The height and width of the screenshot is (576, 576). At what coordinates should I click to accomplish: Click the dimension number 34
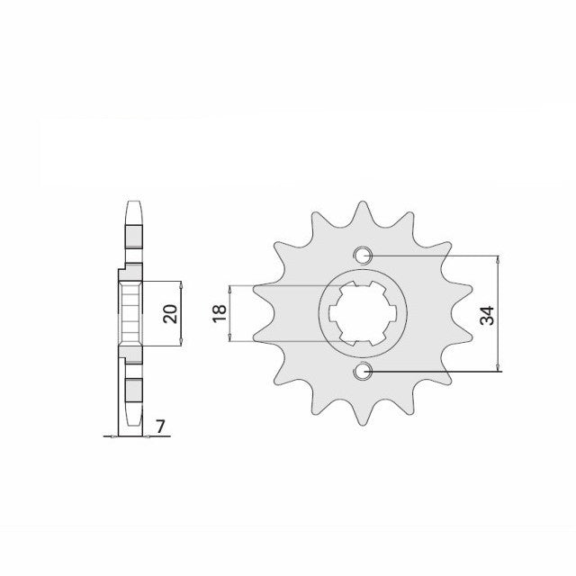click(x=487, y=315)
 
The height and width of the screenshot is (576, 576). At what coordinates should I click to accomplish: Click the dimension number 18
click(x=220, y=313)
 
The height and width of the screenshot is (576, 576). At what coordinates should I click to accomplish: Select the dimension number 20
click(x=170, y=314)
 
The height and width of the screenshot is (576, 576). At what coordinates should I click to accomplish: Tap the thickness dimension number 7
click(x=160, y=427)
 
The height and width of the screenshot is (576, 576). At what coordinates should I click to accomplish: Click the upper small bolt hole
click(x=363, y=255)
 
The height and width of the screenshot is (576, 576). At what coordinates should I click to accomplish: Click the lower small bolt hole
click(x=363, y=372)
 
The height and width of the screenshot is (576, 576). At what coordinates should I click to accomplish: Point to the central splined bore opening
click(x=363, y=313)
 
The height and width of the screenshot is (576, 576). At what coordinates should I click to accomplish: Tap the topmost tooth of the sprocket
click(x=363, y=213)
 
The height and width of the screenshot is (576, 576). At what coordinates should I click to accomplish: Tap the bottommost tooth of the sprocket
click(x=363, y=414)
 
